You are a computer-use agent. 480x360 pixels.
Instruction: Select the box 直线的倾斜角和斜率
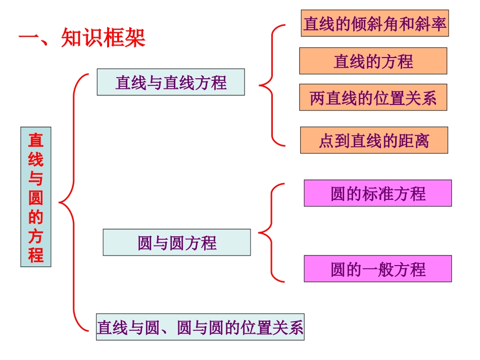374,24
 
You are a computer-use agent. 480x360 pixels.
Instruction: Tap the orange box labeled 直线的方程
373,61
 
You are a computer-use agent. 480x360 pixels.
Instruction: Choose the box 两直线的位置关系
373,98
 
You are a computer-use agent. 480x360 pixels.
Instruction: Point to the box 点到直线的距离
374,140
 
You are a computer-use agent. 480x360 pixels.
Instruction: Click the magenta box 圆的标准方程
377,193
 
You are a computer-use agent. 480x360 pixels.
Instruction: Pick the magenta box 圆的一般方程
377,269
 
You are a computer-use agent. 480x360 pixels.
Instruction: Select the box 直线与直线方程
171,82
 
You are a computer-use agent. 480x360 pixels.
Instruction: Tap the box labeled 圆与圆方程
176,243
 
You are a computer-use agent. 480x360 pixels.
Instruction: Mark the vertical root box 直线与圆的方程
36,197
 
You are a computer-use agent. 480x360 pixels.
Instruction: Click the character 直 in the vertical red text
36,140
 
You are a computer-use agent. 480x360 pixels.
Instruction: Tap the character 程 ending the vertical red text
36,254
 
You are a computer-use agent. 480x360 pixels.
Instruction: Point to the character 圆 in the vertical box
36,197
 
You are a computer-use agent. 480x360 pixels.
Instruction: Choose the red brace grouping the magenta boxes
271,233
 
